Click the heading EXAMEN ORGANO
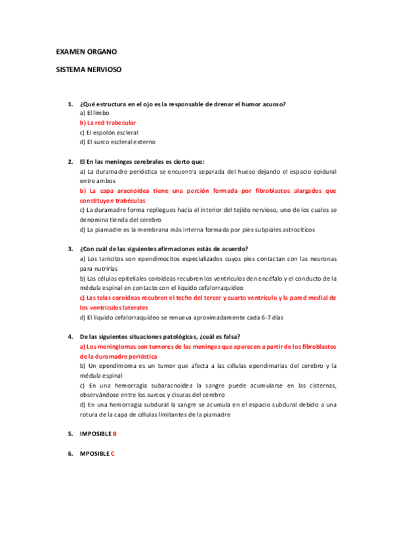point(87,51)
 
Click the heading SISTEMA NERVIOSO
point(89,68)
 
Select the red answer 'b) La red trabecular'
point(108,123)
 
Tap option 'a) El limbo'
point(94,113)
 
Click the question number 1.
point(70,104)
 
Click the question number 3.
point(70,248)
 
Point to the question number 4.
point(70,336)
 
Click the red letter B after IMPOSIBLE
point(115,434)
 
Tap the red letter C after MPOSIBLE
point(113,453)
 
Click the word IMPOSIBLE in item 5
point(96,434)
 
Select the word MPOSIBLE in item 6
point(94,453)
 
